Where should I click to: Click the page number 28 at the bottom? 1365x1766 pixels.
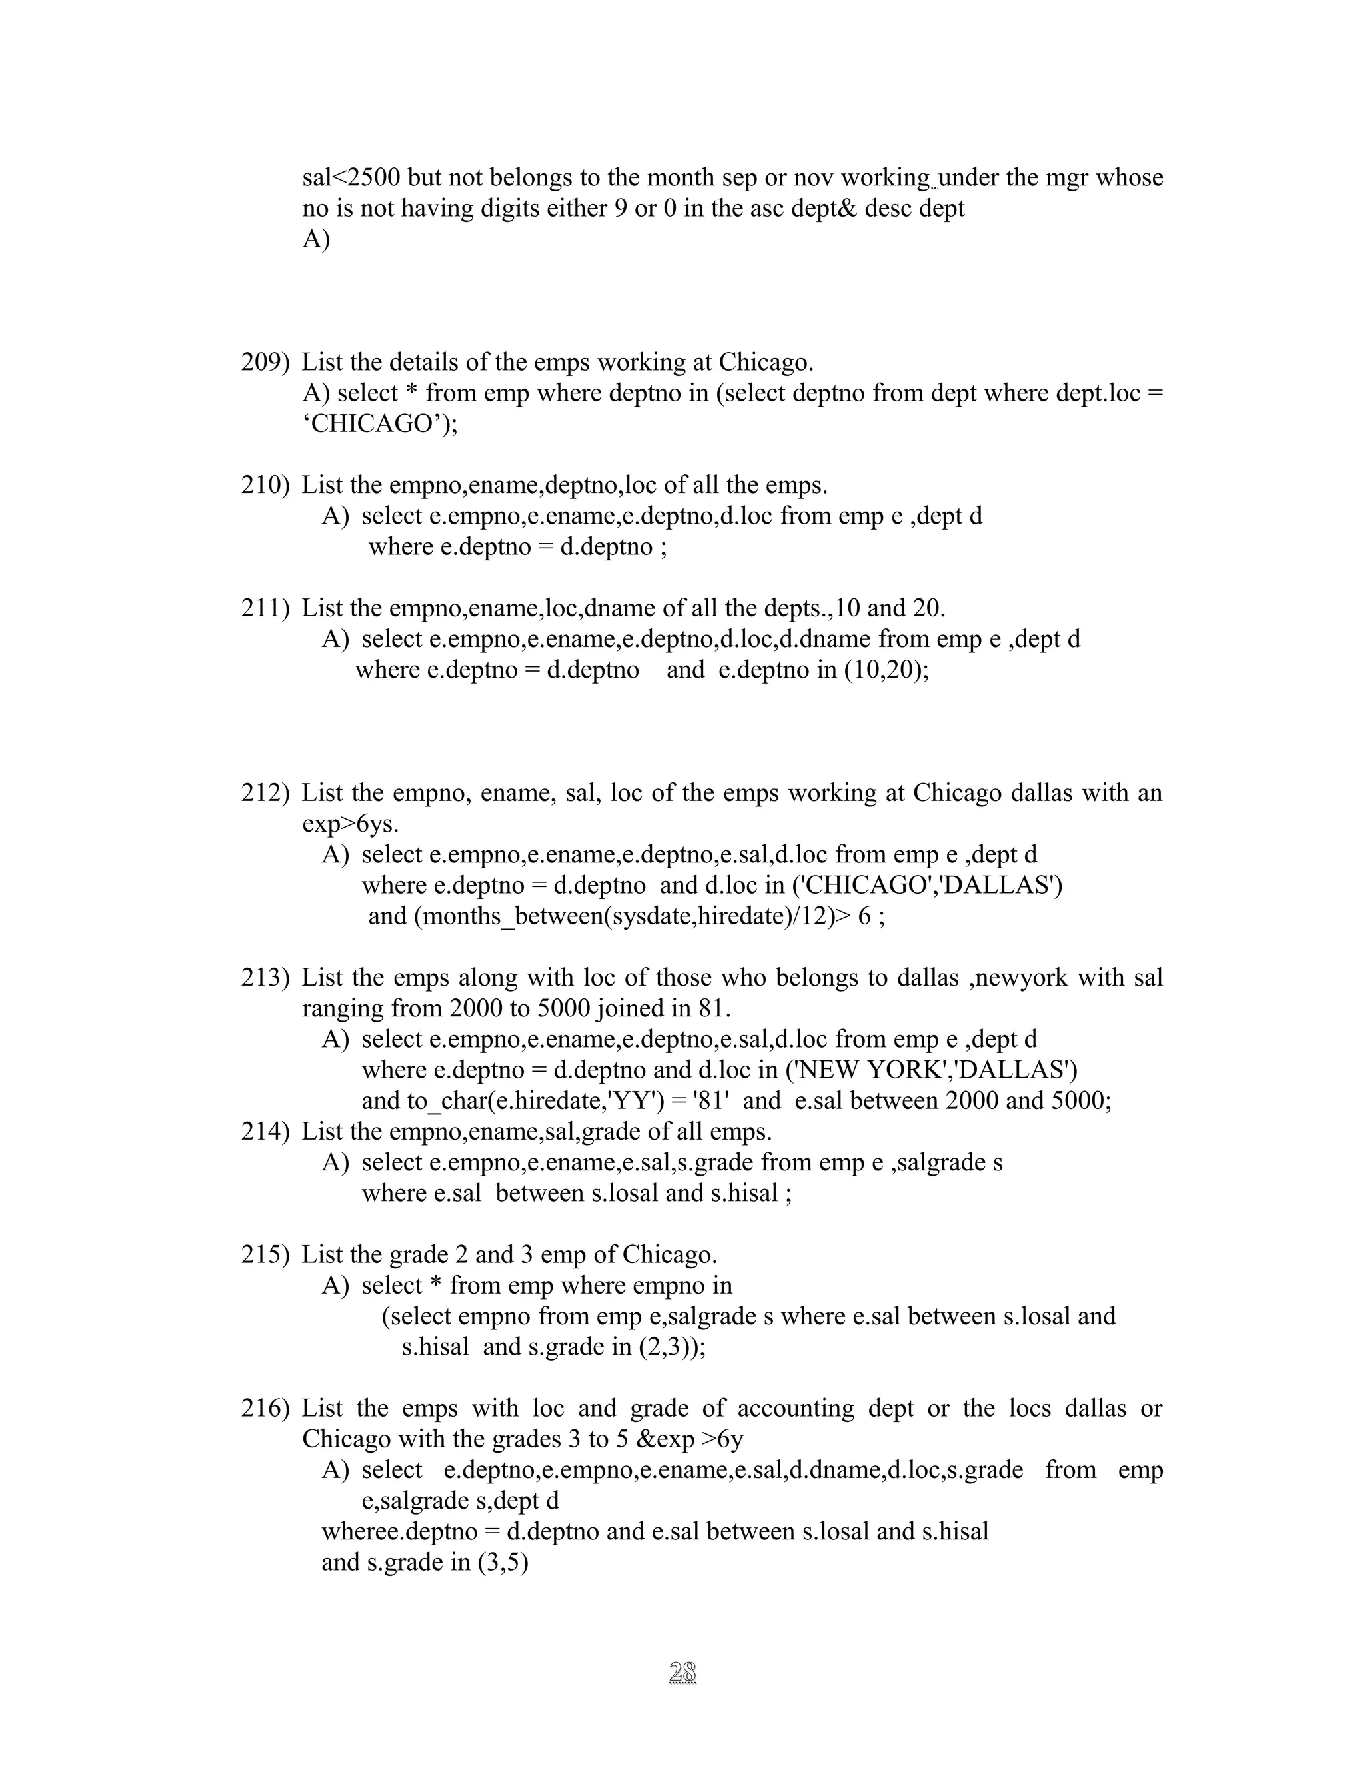tap(683, 1671)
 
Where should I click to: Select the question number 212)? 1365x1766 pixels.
tap(265, 792)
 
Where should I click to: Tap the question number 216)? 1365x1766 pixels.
tap(265, 1409)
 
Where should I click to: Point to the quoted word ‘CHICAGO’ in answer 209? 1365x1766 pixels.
tap(376, 424)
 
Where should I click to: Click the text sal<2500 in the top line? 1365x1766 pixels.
tap(351, 177)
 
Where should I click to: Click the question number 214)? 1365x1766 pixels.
tap(265, 1132)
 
